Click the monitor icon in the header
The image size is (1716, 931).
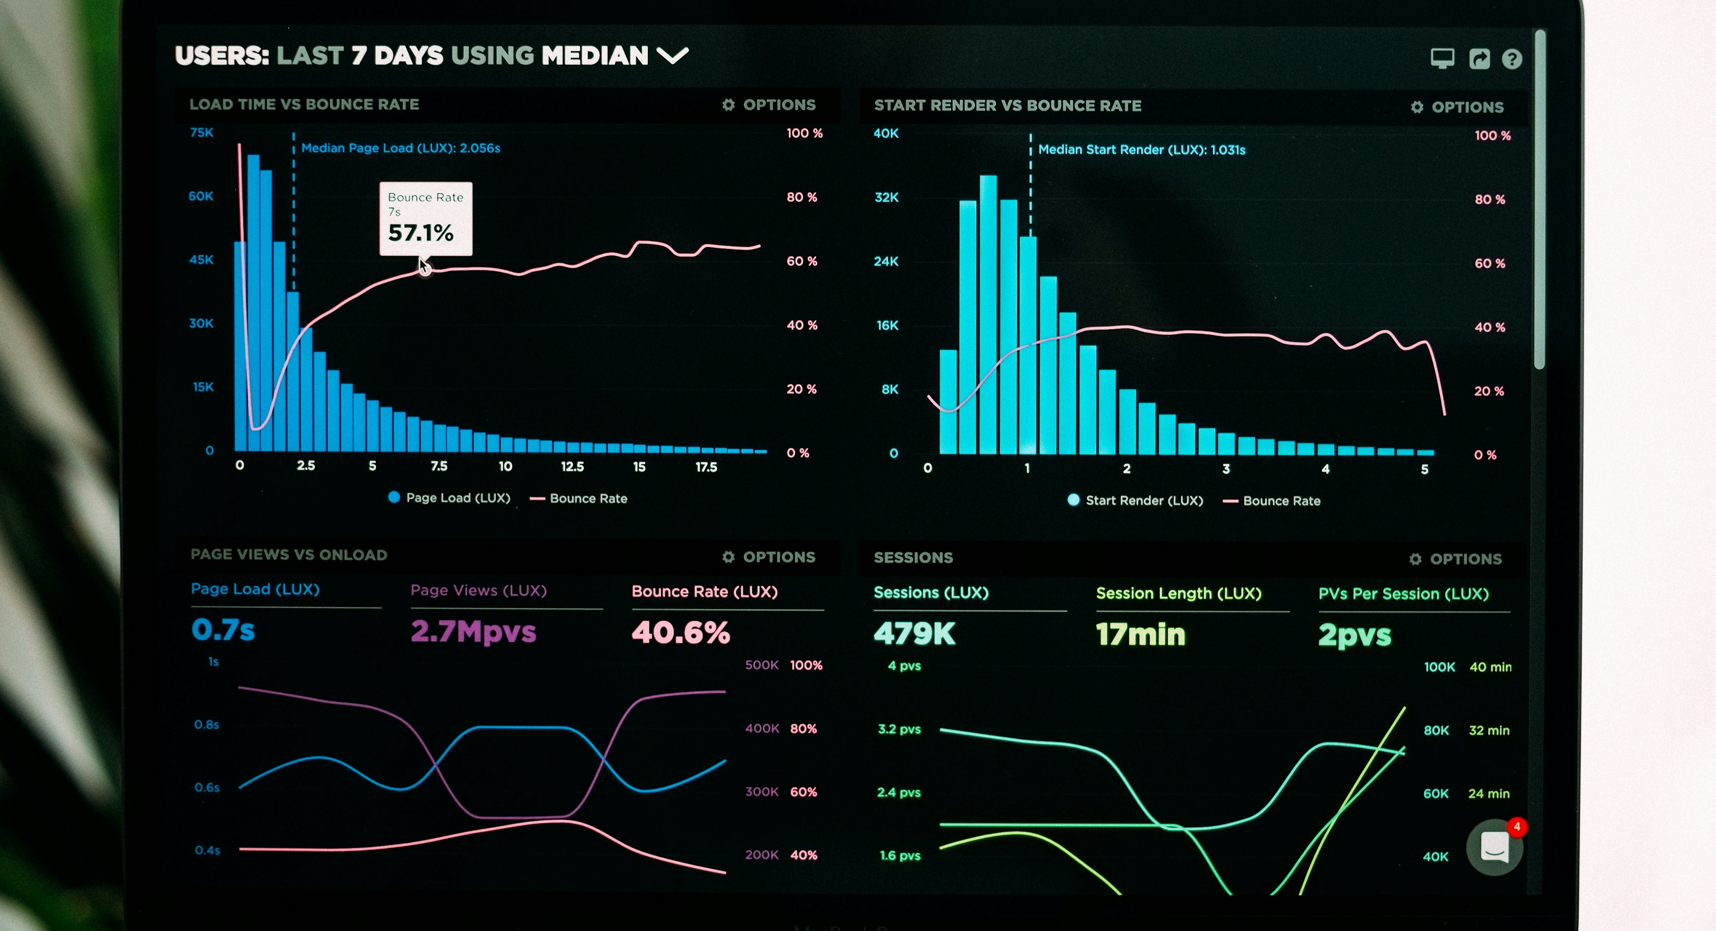point(1442,58)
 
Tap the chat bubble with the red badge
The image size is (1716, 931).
point(1494,847)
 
